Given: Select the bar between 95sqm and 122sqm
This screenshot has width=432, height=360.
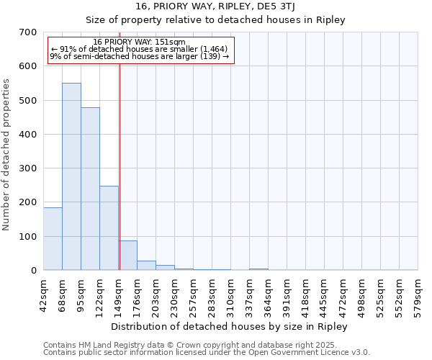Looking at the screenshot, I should click(90, 189).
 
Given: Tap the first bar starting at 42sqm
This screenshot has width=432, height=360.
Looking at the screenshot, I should click(53, 238).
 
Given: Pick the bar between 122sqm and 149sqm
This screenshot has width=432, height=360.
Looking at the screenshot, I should click(109, 228).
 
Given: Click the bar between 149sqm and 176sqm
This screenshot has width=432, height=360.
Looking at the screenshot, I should click(128, 256).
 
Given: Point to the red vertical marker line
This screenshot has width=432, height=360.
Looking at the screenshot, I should click(120, 166).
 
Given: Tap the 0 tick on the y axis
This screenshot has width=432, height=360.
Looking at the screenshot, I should click(33, 271).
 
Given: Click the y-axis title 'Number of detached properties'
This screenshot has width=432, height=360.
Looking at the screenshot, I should click(7, 155).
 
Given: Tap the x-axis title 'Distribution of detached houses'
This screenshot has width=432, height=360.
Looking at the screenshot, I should click(230, 327).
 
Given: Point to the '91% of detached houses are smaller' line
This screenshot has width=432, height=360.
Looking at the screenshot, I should click(140, 49).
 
